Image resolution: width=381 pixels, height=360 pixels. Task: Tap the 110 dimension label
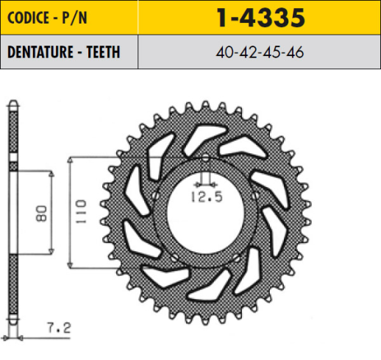(80, 211)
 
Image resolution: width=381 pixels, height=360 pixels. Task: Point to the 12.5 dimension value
(207, 197)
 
